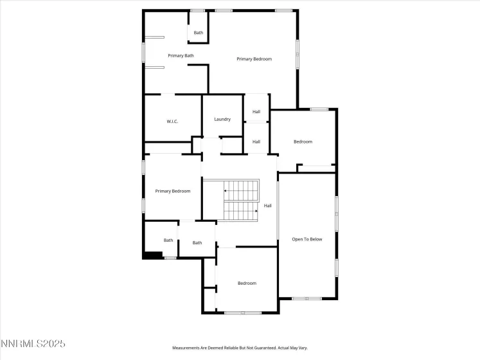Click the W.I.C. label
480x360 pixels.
[x=172, y=122]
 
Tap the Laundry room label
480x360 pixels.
[x=222, y=119]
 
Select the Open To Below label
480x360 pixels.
[x=307, y=239]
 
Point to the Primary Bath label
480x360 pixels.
[x=181, y=56]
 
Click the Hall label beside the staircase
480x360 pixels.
[x=268, y=206]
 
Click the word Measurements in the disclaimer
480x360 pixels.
[x=187, y=348]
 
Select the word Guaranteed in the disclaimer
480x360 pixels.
[x=257, y=348]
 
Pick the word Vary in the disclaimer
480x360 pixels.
[x=304, y=348]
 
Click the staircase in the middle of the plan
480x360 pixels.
[x=240, y=200]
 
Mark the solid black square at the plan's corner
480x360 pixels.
[x=152, y=255]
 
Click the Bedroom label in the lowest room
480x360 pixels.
[x=247, y=283]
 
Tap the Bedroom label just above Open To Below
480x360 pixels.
[x=303, y=141]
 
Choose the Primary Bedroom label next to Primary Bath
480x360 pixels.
[x=254, y=59]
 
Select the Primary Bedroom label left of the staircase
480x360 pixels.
[x=172, y=191]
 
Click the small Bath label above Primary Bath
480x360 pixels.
[x=199, y=33]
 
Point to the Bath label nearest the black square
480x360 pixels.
[x=168, y=240]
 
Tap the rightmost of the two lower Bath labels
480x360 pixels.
[x=197, y=242]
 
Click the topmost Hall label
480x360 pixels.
[x=256, y=111]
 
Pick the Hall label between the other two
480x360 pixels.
[x=256, y=141]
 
